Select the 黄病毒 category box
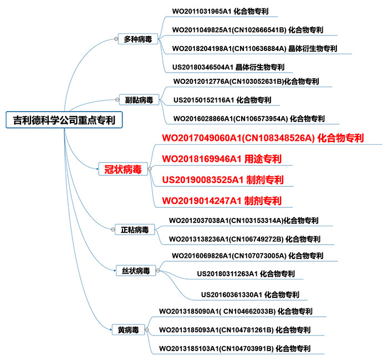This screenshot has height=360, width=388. pos(128,330)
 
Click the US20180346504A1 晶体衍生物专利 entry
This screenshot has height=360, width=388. pos(228,67)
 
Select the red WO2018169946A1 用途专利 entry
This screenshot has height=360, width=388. pos(222,159)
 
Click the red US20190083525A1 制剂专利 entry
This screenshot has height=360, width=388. pos(223,180)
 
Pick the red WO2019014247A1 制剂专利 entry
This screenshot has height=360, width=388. pos(222,200)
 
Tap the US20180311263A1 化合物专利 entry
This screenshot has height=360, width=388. pos(246,273)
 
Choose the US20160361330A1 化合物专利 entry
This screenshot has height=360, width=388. pos(249,294)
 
